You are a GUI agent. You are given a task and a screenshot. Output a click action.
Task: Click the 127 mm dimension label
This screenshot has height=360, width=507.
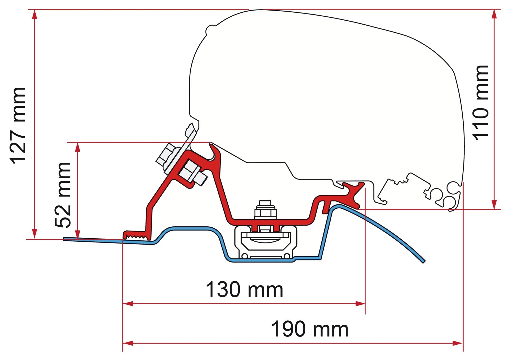pos(18,125)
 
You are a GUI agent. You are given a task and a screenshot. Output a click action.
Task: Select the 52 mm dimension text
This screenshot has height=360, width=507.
pos(63,195)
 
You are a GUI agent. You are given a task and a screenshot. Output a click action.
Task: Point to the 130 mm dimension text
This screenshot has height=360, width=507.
pos(244,289)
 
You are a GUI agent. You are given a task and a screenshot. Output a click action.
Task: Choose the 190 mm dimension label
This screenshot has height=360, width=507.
pos(310,329)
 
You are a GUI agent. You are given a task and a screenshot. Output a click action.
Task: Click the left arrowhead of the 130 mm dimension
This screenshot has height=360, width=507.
pos(128,304)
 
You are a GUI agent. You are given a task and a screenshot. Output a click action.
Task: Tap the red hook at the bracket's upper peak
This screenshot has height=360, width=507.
pos(215,152)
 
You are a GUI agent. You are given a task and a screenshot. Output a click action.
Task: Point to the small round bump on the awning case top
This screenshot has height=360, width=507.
pos(211,30)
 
